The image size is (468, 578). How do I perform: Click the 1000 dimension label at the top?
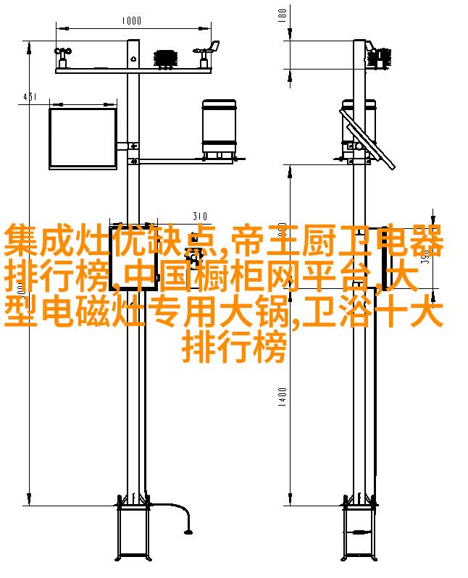tap(131, 21)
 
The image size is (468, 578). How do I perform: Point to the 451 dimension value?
tap(28, 97)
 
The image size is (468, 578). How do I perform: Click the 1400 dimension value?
tap(282, 396)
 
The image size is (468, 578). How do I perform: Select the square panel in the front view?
tap(82, 138)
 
